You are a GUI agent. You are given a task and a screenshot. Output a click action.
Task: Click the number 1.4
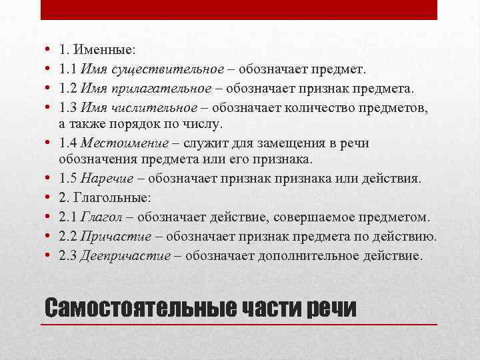pyautogui.click(x=67, y=144)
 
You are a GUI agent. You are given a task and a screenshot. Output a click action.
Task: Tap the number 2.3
pyautogui.click(x=67, y=256)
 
